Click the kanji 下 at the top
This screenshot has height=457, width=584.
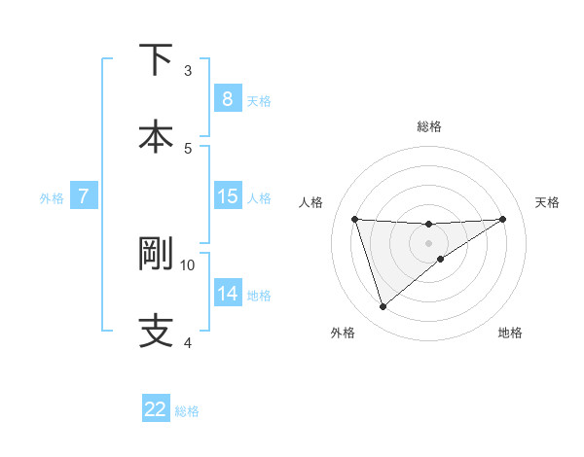coord(156,60)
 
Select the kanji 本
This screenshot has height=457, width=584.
coord(156,135)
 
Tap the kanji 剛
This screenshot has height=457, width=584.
coord(156,254)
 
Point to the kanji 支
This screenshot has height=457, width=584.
coord(156,330)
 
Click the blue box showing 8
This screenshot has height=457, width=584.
coord(227,98)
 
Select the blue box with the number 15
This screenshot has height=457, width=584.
coord(227,196)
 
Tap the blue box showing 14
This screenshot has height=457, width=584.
coord(227,294)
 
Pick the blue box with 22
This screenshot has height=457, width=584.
coord(156,409)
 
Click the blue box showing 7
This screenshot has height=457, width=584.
coord(84,196)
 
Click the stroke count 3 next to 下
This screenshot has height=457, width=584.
coord(188,70)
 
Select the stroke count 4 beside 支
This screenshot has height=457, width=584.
coord(188,342)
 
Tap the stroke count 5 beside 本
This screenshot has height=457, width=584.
coord(188,148)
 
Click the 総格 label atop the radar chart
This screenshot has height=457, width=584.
coord(429,126)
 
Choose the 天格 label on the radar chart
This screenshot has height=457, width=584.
coord(547,202)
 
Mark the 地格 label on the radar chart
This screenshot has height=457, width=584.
coord(510,333)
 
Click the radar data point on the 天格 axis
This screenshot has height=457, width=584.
coord(503,219)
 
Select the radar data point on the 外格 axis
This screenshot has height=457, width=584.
coord(383,307)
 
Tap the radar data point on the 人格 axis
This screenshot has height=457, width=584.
coord(354,219)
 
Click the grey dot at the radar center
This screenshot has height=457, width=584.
coord(429,242)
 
